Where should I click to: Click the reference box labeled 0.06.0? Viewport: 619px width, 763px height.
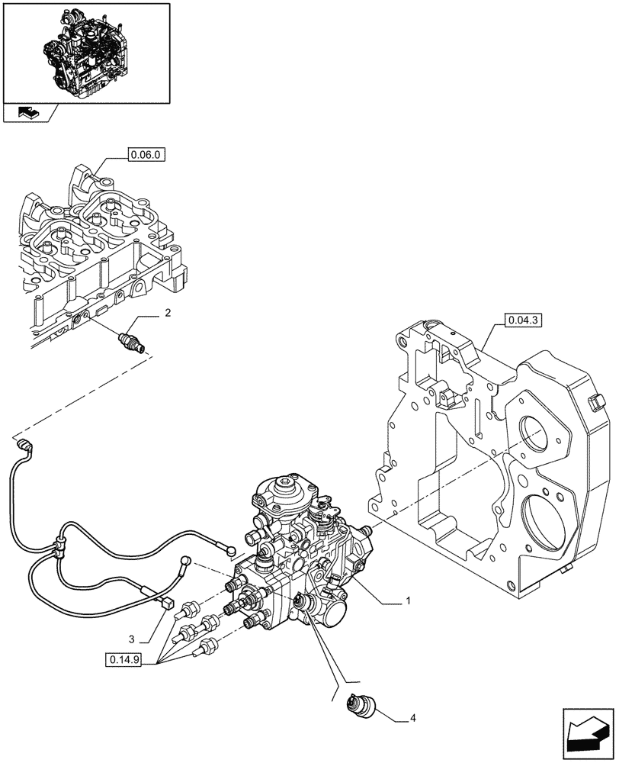pos(146,156)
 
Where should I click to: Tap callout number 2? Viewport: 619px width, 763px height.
pos(167,314)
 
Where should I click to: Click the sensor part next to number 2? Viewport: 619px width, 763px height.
pos(134,340)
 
